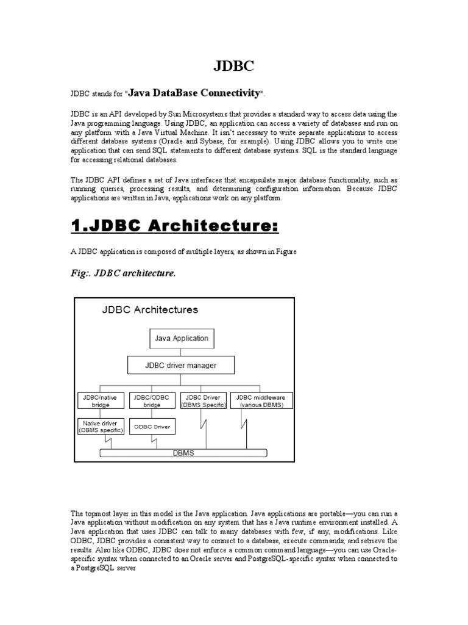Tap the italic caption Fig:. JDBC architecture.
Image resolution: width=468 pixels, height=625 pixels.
point(124,273)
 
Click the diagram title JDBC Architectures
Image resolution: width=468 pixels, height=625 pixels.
point(149,309)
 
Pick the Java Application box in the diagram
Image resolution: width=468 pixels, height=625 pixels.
point(181,338)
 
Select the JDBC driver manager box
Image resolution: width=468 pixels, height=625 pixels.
point(180,366)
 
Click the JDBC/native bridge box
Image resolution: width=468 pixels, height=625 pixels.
point(101,401)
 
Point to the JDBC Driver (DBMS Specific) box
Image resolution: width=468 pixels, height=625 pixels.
point(204,401)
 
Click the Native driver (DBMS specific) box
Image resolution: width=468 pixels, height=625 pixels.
point(101,426)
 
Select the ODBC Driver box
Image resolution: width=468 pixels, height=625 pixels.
point(151,426)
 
